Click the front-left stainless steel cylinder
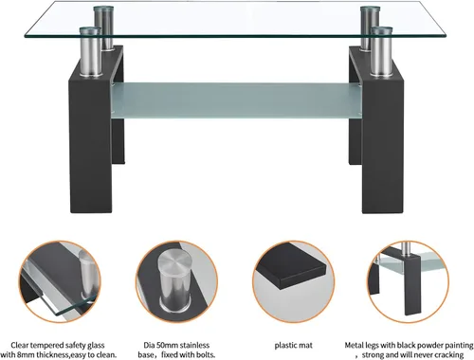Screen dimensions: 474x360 pyautogui.click(x=91, y=52)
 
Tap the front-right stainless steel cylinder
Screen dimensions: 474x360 pyautogui.click(x=382, y=52)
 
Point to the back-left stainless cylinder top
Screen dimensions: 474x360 pyautogui.click(x=103, y=9)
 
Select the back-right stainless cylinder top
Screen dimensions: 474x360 pyautogui.click(x=371, y=9)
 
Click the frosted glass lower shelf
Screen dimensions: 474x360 pyautogui.click(x=236, y=100)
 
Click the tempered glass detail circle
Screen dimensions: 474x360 pyautogui.click(x=60, y=281)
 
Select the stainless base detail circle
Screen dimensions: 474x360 pyautogui.click(x=176, y=281)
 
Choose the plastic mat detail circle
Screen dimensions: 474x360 pyautogui.click(x=294, y=281)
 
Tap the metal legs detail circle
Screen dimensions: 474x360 pyautogui.click(x=409, y=281)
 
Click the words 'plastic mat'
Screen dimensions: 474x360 pyautogui.click(x=294, y=346)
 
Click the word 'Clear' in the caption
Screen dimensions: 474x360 pyautogui.click(x=20, y=345)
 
